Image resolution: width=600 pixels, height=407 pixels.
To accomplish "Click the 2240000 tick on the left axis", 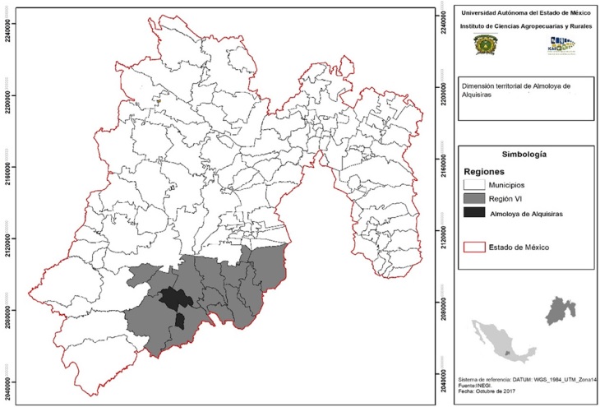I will pos(7,31).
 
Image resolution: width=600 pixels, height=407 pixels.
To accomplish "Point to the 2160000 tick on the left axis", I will pos(7,171).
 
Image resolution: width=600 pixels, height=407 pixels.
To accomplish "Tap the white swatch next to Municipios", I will pos(473,185).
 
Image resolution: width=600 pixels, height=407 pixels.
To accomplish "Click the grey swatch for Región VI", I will pos(473,199).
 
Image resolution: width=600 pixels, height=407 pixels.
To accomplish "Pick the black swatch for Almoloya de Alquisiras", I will pos(473,213).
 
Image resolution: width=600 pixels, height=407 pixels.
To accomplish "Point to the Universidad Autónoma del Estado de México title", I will pos(524,13).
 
